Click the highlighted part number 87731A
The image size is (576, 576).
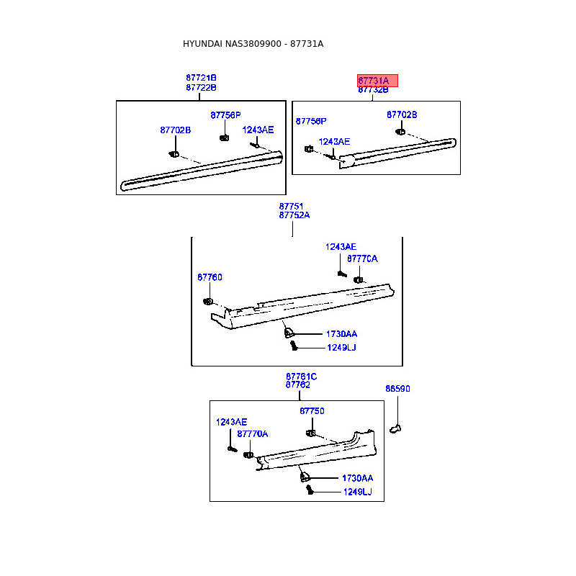(x=374, y=81)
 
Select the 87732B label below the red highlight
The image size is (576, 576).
(x=373, y=89)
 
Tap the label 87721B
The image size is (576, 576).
(x=201, y=78)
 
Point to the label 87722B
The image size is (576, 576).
(x=201, y=87)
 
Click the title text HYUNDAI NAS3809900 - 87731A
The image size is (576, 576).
(x=253, y=44)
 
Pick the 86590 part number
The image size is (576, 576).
(x=398, y=389)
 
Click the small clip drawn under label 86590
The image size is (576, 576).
(x=395, y=428)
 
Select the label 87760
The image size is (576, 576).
(x=210, y=277)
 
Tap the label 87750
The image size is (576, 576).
(x=312, y=411)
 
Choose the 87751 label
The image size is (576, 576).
(x=291, y=207)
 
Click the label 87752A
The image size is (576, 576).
(x=294, y=215)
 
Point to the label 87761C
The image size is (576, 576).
(x=301, y=377)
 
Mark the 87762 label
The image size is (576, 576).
(x=298, y=384)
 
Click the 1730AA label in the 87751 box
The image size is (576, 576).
(x=341, y=334)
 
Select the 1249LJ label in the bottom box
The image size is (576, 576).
(x=358, y=492)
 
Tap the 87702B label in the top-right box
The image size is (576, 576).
(x=402, y=114)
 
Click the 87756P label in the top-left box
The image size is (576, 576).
(x=225, y=115)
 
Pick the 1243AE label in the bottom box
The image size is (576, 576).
(x=231, y=422)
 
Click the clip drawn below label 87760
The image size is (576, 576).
(x=208, y=302)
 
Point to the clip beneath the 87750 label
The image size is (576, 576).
(x=311, y=433)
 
